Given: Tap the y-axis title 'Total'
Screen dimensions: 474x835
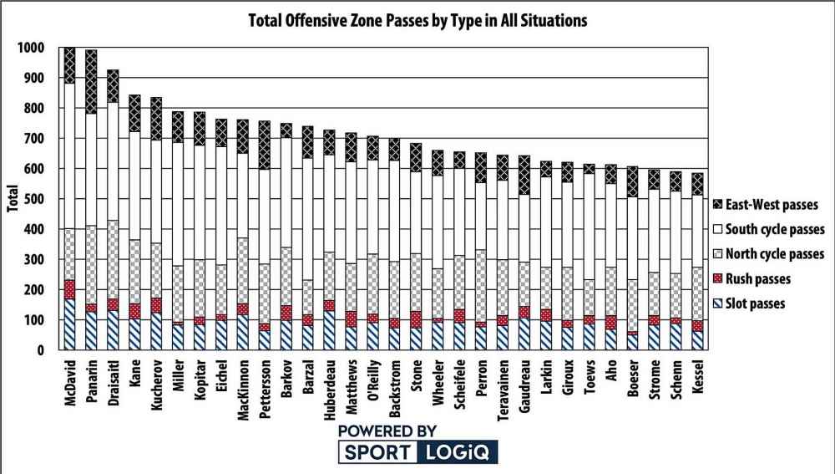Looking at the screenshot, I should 13,198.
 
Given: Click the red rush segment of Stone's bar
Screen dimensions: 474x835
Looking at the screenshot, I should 417,319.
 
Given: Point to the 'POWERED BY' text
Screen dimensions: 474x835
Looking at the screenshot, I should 387,431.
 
